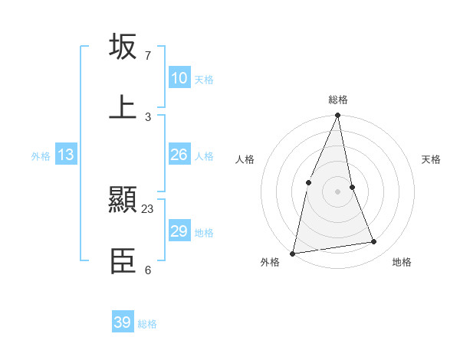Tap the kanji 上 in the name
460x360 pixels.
pyautogui.click(x=123, y=106)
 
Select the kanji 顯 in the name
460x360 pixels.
pyautogui.click(x=123, y=201)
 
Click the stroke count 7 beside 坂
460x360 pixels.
pyautogui.click(x=148, y=56)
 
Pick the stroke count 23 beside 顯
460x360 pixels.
pyautogui.click(x=148, y=208)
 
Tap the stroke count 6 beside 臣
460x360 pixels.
pyautogui.click(x=148, y=270)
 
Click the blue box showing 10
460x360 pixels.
pyautogui.click(x=179, y=78)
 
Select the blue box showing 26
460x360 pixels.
pyautogui.click(x=179, y=155)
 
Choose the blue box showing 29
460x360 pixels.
pyautogui.click(x=179, y=231)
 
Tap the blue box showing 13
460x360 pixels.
pyautogui.click(x=66, y=155)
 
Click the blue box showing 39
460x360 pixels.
pyautogui.click(x=123, y=322)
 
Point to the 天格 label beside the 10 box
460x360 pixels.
pyautogui.click(x=204, y=79)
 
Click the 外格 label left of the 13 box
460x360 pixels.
pyautogui.click(x=41, y=155)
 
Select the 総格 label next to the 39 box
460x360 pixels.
pyautogui.click(x=147, y=323)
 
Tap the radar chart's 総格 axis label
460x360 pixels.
pyautogui.click(x=338, y=100)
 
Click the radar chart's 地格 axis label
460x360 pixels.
pyautogui.click(x=402, y=262)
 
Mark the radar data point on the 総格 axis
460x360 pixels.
pyautogui.click(x=338, y=116)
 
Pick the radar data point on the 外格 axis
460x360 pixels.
pyautogui.click(x=292, y=253)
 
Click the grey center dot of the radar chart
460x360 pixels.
pyautogui.click(x=338, y=191)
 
